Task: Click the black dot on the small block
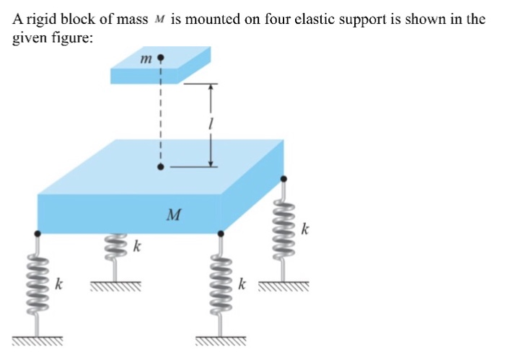(x=161, y=56)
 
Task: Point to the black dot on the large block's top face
(x=161, y=167)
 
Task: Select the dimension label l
(x=208, y=124)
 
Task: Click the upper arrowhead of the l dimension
(x=210, y=87)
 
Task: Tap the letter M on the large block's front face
(x=173, y=214)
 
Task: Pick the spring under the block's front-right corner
(x=220, y=282)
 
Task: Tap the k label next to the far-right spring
(x=305, y=231)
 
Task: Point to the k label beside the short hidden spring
(x=136, y=247)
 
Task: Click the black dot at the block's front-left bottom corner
(x=38, y=233)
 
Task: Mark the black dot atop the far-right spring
(x=283, y=179)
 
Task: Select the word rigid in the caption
(x=36, y=20)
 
